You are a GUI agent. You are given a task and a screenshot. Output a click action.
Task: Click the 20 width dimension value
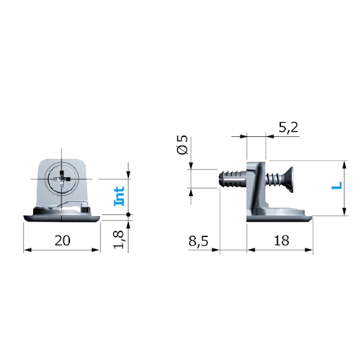coord(63,240)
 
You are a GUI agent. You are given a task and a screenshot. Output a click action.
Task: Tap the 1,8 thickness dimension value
coord(119,240)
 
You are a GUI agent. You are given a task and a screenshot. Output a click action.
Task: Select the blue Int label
coord(119,196)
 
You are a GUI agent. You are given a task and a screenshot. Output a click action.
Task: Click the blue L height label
coord(337,186)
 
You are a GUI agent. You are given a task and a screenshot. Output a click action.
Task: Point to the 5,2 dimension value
coord(288,127)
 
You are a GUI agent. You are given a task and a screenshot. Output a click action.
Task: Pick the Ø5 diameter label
coord(183,145)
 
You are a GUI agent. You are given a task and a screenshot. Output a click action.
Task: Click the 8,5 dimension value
coord(198,240)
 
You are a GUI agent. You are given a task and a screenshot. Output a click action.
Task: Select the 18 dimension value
coord(282,240)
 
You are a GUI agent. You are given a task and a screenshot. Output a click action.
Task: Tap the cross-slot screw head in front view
coord(62,179)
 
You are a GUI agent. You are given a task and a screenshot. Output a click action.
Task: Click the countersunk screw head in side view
coord(288,179)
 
